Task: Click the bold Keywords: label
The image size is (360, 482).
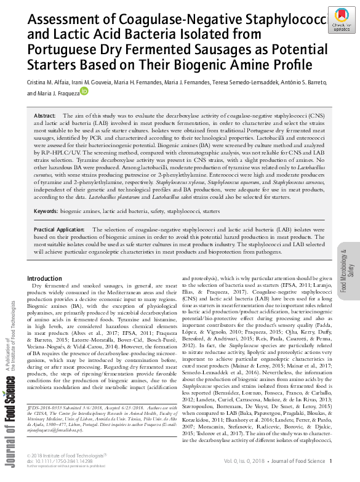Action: click(46, 211)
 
